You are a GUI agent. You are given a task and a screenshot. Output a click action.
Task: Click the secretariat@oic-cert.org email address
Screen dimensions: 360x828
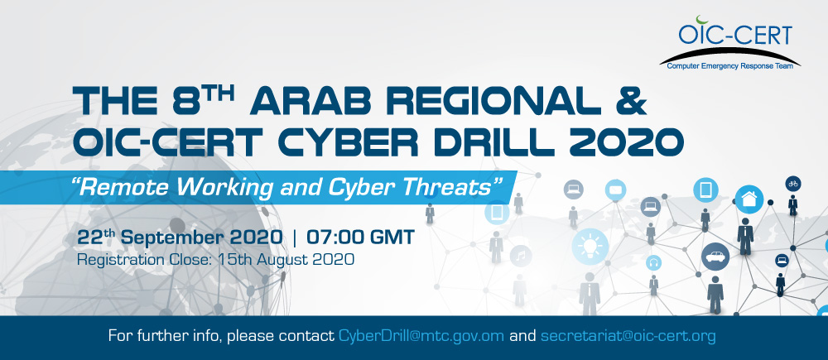coord(628,337)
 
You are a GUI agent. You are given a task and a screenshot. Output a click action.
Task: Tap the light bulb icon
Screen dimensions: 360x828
coord(590,245)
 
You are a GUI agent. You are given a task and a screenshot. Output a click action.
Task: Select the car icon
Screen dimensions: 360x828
coord(715,256)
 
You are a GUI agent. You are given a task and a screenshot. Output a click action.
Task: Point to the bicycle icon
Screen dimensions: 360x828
coord(793,182)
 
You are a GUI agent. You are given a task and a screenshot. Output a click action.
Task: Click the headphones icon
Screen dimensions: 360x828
coord(653,263)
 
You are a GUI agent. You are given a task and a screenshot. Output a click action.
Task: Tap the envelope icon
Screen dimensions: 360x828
coord(614,190)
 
